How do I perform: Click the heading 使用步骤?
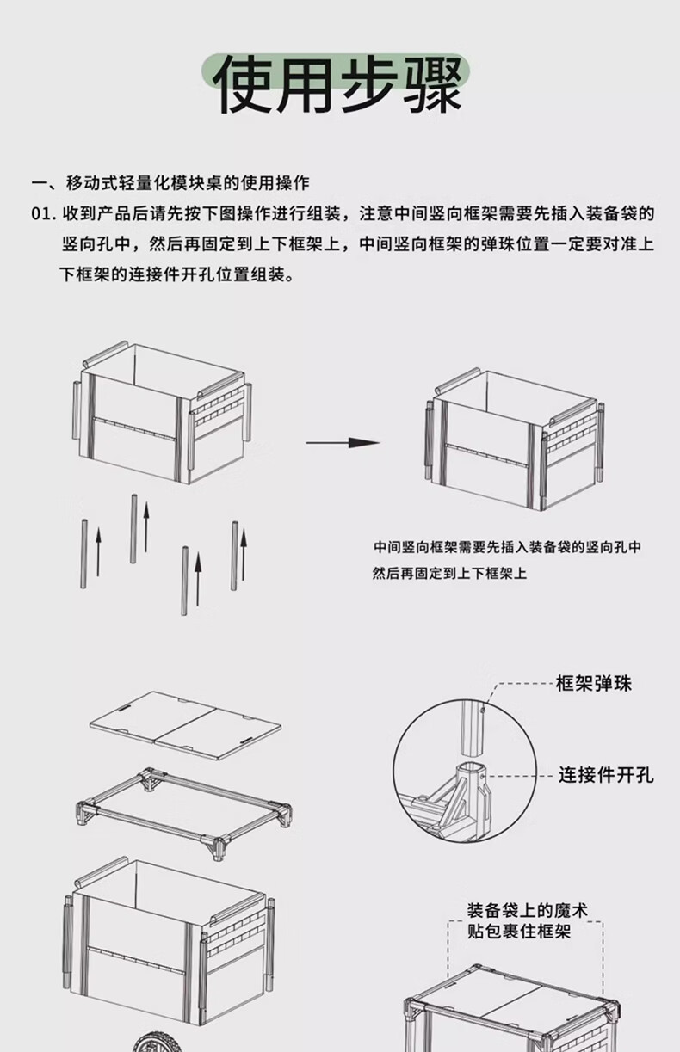click(339, 83)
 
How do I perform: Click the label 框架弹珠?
click(594, 684)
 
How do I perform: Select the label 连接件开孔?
click(606, 775)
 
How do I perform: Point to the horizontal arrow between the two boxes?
click(343, 443)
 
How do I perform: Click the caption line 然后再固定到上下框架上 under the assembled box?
click(449, 573)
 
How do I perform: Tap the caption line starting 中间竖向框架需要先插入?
click(507, 547)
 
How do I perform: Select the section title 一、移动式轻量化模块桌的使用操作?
click(170, 183)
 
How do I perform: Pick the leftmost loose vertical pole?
click(83, 554)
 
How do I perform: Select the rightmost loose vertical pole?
click(234, 556)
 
